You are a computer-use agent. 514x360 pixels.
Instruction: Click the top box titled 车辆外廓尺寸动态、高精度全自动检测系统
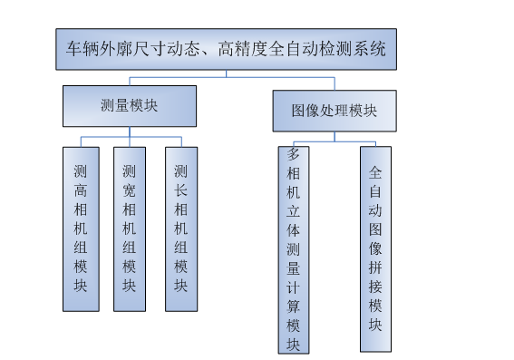(226, 49)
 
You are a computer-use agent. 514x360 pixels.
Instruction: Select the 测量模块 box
(129, 106)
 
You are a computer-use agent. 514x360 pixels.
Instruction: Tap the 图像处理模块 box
(335, 111)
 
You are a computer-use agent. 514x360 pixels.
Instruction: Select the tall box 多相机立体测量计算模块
(293, 249)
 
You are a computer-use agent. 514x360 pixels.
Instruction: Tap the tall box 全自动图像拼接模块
(375, 249)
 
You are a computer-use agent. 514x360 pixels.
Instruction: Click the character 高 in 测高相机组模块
(81, 193)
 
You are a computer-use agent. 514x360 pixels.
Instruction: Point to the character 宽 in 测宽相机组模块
(129, 193)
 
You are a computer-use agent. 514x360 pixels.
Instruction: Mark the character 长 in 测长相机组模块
(180, 193)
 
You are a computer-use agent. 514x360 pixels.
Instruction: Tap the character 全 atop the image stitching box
(375, 170)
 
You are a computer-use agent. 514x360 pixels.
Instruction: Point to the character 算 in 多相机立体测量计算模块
(293, 306)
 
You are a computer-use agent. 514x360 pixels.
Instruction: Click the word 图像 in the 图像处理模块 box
(304, 111)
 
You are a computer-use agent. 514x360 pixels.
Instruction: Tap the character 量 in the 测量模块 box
(129, 106)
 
